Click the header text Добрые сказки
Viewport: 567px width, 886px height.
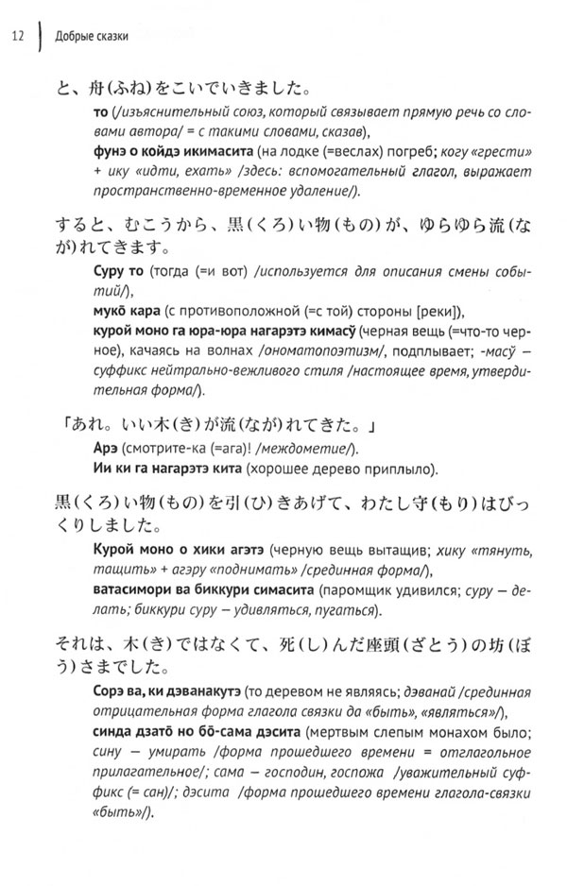click(93, 37)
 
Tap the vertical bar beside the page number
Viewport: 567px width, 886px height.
click(41, 37)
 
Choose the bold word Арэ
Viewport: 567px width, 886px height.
click(99, 446)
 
